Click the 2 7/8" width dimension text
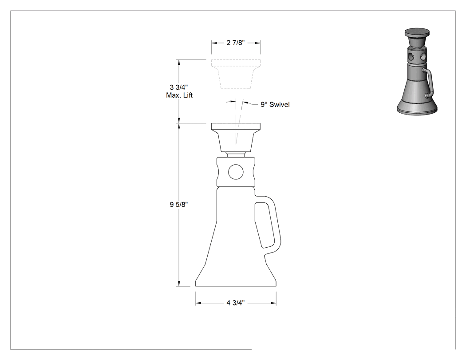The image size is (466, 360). [x=235, y=43]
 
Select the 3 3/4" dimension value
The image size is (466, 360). [x=178, y=87]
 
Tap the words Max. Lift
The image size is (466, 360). [x=179, y=95]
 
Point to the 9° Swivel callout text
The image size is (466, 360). [x=275, y=104]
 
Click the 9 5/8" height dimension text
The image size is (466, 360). [x=178, y=205]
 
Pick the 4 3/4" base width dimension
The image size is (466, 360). [x=235, y=303]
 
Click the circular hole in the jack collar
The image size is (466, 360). [x=236, y=172]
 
